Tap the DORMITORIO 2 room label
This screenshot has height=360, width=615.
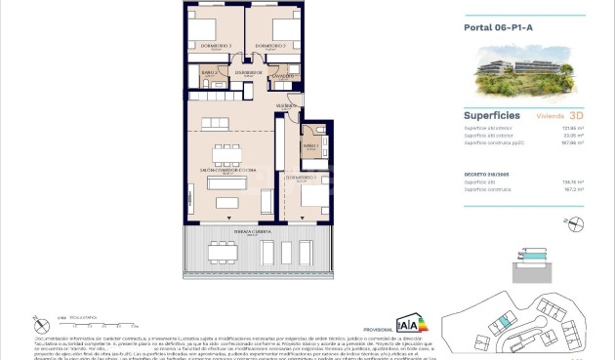point(268,46)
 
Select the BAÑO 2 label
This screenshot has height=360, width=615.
point(208,73)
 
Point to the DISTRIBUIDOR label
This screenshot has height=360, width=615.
point(248,72)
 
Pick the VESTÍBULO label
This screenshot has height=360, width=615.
point(286,104)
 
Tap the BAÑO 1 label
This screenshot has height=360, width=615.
point(310,146)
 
